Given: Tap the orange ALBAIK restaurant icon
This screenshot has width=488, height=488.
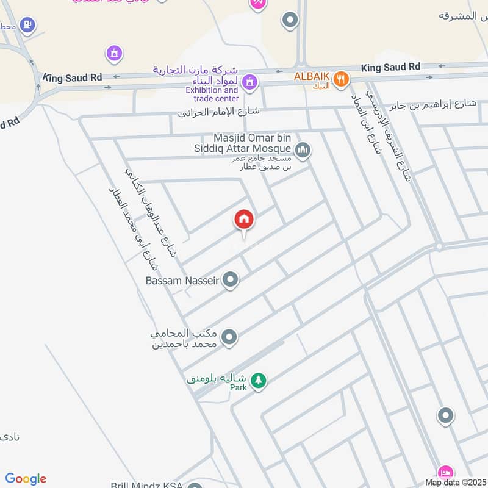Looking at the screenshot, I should tap(341, 78).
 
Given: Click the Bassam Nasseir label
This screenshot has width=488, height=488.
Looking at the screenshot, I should tap(182, 281).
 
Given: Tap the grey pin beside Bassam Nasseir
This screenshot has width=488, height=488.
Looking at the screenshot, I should tap(230, 280).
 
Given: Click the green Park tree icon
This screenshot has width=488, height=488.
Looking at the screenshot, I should tap(259, 379).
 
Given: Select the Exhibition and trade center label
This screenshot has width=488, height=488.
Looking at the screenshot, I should tap(212, 94).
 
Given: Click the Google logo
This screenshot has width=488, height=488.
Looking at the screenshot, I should tap(26, 479).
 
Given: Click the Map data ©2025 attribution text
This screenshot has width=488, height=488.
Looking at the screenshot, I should tap(454, 483).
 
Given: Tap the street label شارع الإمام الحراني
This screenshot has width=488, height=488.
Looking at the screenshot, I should tap(219, 112).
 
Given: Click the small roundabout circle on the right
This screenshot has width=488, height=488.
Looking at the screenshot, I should tap(439, 246).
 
